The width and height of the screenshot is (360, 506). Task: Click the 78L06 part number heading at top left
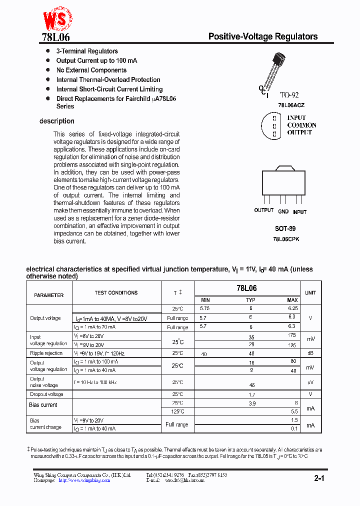tap(56, 37)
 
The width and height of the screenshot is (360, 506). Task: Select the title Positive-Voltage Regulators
tap(262, 36)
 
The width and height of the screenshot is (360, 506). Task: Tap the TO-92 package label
tap(289, 95)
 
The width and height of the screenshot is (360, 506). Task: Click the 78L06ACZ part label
tap(291, 105)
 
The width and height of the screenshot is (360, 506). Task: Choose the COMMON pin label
tap(301, 125)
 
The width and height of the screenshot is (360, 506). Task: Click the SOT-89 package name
tap(285, 228)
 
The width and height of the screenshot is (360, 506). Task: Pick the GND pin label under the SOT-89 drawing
tap(283, 212)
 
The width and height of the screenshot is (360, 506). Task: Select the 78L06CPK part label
tap(286, 239)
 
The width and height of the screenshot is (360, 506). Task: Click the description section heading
tap(57, 121)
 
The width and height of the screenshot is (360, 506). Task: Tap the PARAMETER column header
tap(49, 295)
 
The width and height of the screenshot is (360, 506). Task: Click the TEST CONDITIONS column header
tap(116, 293)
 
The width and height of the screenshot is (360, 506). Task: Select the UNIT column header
tap(310, 293)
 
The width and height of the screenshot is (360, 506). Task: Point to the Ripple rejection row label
tap(46, 353)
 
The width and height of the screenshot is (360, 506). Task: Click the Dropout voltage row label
tap(46, 394)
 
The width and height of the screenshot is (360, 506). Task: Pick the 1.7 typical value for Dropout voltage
tap(252, 394)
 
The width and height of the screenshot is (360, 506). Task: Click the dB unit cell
tap(310, 353)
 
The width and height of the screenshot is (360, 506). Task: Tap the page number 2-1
tap(319, 478)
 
